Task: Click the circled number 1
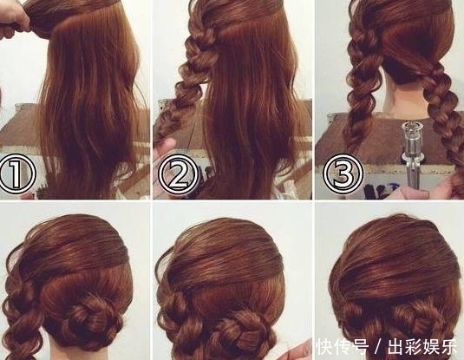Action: [17, 173]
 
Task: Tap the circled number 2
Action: [177, 173]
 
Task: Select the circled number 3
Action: [343, 173]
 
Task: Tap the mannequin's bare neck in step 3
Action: [405, 98]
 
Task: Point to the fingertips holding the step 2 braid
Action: [165, 148]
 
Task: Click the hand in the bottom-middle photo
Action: [296, 350]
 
